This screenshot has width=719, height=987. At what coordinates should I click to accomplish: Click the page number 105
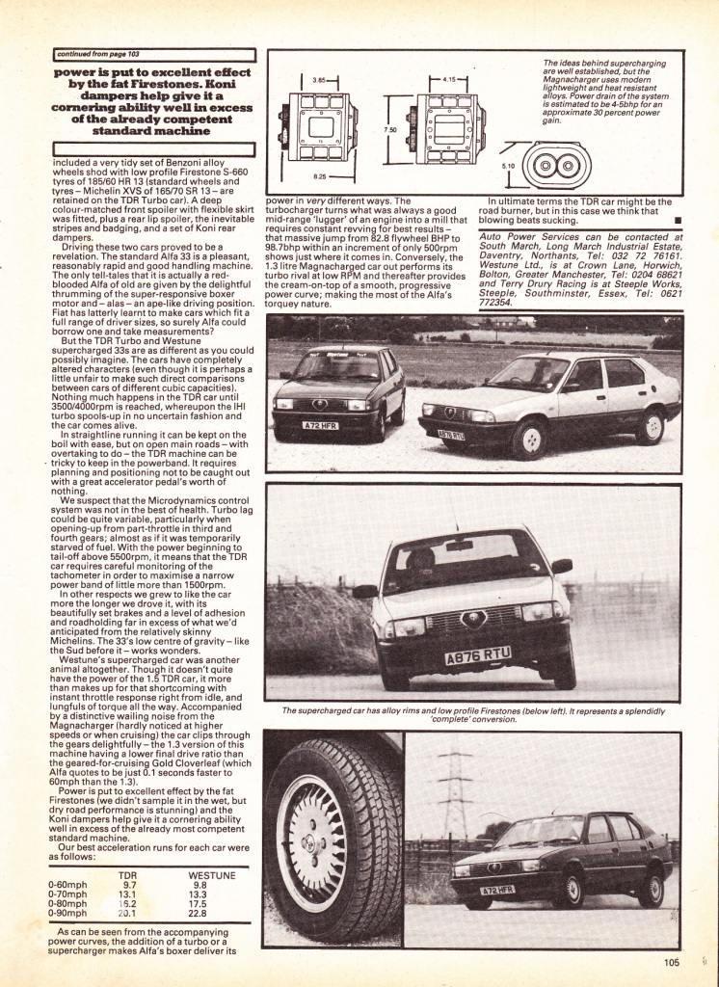671,960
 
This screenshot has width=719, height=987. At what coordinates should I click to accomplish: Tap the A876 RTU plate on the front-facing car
478,656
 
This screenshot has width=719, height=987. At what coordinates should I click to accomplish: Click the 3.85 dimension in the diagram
320,80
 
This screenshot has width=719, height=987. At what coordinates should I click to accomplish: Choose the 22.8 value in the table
200,913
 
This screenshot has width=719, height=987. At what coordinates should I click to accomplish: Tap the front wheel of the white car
528,439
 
